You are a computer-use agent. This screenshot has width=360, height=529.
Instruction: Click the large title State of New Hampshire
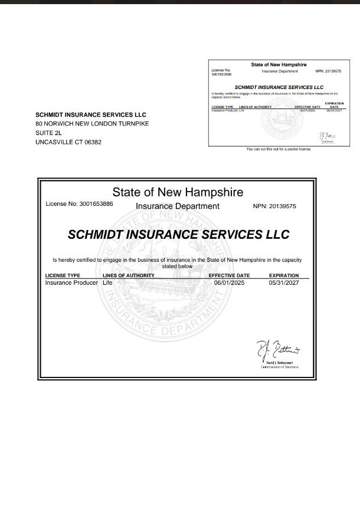pyautogui.click(x=178, y=192)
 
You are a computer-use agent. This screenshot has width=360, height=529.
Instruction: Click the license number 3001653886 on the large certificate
pyautogui.click(x=96, y=204)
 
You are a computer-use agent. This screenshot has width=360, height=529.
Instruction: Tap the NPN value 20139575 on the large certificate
pyautogui.click(x=283, y=206)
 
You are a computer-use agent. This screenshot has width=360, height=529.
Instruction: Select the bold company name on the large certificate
pyautogui.click(x=179, y=234)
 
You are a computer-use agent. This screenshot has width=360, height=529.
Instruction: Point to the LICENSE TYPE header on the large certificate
pyautogui.click(x=63, y=275)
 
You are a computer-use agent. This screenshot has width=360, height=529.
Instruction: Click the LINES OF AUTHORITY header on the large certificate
pyautogui.click(x=128, y=275)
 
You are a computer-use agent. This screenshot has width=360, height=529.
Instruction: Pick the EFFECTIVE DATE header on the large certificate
pyautogui.click(x=229, y=275)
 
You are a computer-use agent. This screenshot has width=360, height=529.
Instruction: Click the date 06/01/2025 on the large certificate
pyautogui.click(x=229, y=282)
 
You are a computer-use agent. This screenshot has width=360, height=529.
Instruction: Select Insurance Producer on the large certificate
pyautogui.click(x=71, y=282)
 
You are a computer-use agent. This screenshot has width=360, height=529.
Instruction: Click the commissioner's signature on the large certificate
pyautogui.click(x=277, y=351)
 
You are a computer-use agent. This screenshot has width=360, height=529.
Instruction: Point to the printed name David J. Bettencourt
pyautogui.click(x=280, y=363)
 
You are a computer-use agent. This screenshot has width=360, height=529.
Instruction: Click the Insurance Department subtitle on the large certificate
pyautogui.click(x=178, y=206)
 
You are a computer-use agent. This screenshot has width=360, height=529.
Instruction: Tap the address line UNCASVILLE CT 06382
pyautogui.click(x=68, y=142)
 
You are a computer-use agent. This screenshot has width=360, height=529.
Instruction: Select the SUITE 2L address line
pyautogui.click(x=48, y=133)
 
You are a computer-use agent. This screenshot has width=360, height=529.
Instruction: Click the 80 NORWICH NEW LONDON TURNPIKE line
pyautogui.click(x=92, y=124)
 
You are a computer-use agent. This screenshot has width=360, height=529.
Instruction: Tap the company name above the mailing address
pyautogui.click(x=91, y=114)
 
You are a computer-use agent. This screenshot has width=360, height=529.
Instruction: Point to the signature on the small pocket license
pyautogui.click(x=327, y=136)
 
